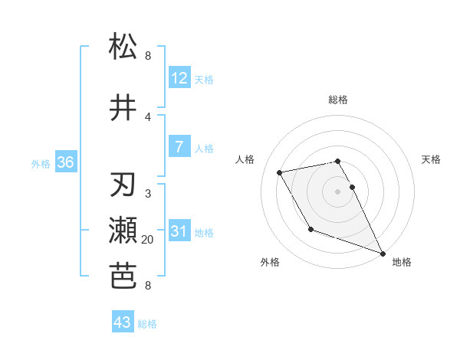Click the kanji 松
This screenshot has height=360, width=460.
[123, 47]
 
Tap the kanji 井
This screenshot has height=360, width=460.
[123, 107]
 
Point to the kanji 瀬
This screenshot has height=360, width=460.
[123, 231]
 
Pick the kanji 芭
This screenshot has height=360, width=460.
[123, 277]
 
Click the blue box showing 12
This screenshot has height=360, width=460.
[179, 77]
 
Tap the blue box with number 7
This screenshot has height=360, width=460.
[179, 146]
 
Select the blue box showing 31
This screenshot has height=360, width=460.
[179, 231]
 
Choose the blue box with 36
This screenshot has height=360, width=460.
[65, 162]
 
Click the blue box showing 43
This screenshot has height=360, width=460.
[123, 322]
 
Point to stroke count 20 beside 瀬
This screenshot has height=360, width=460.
[148, 240]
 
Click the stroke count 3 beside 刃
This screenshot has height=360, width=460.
[148, 194]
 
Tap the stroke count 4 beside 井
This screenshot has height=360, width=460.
[148, 116]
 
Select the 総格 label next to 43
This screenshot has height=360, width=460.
[148, 324]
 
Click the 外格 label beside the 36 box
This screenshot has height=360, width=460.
[41, 163]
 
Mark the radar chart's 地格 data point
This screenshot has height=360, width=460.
[383, 254]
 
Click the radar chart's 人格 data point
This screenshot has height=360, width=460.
[280, 172]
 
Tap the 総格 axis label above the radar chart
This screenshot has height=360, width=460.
[337, 100]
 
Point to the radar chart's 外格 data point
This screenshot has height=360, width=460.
[310, 229]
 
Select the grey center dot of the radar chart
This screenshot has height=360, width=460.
[337, 191]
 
